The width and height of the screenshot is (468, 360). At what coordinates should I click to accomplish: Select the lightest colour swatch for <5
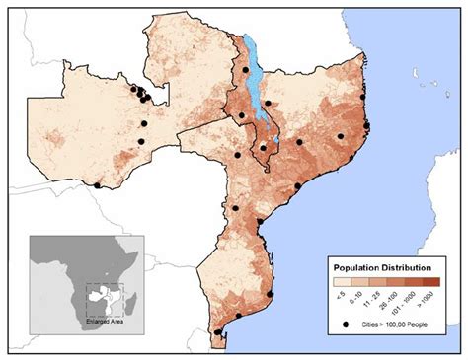click(x=340, y=282)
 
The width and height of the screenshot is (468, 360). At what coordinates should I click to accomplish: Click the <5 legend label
click(x=340, y=295)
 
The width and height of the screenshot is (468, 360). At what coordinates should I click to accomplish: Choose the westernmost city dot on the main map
click(x=97, y=184)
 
